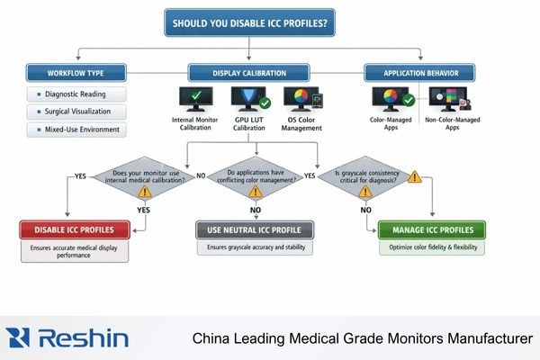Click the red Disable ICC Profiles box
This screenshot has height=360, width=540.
(75, 230)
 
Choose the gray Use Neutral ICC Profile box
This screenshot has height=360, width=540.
(254, 230)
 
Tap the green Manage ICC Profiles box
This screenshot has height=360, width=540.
(431, 230)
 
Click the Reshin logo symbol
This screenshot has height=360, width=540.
(19, 337)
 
